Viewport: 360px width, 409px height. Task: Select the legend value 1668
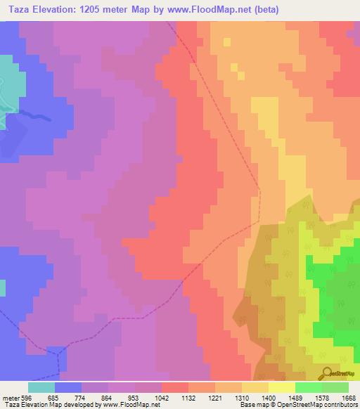click(349, 396)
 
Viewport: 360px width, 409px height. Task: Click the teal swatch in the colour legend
click(41, 387)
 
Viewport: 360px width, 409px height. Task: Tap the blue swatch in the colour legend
click(67, 387)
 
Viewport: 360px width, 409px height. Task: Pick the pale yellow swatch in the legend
click(282, 387)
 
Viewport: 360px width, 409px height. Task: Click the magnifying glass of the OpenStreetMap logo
click(326, 372)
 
